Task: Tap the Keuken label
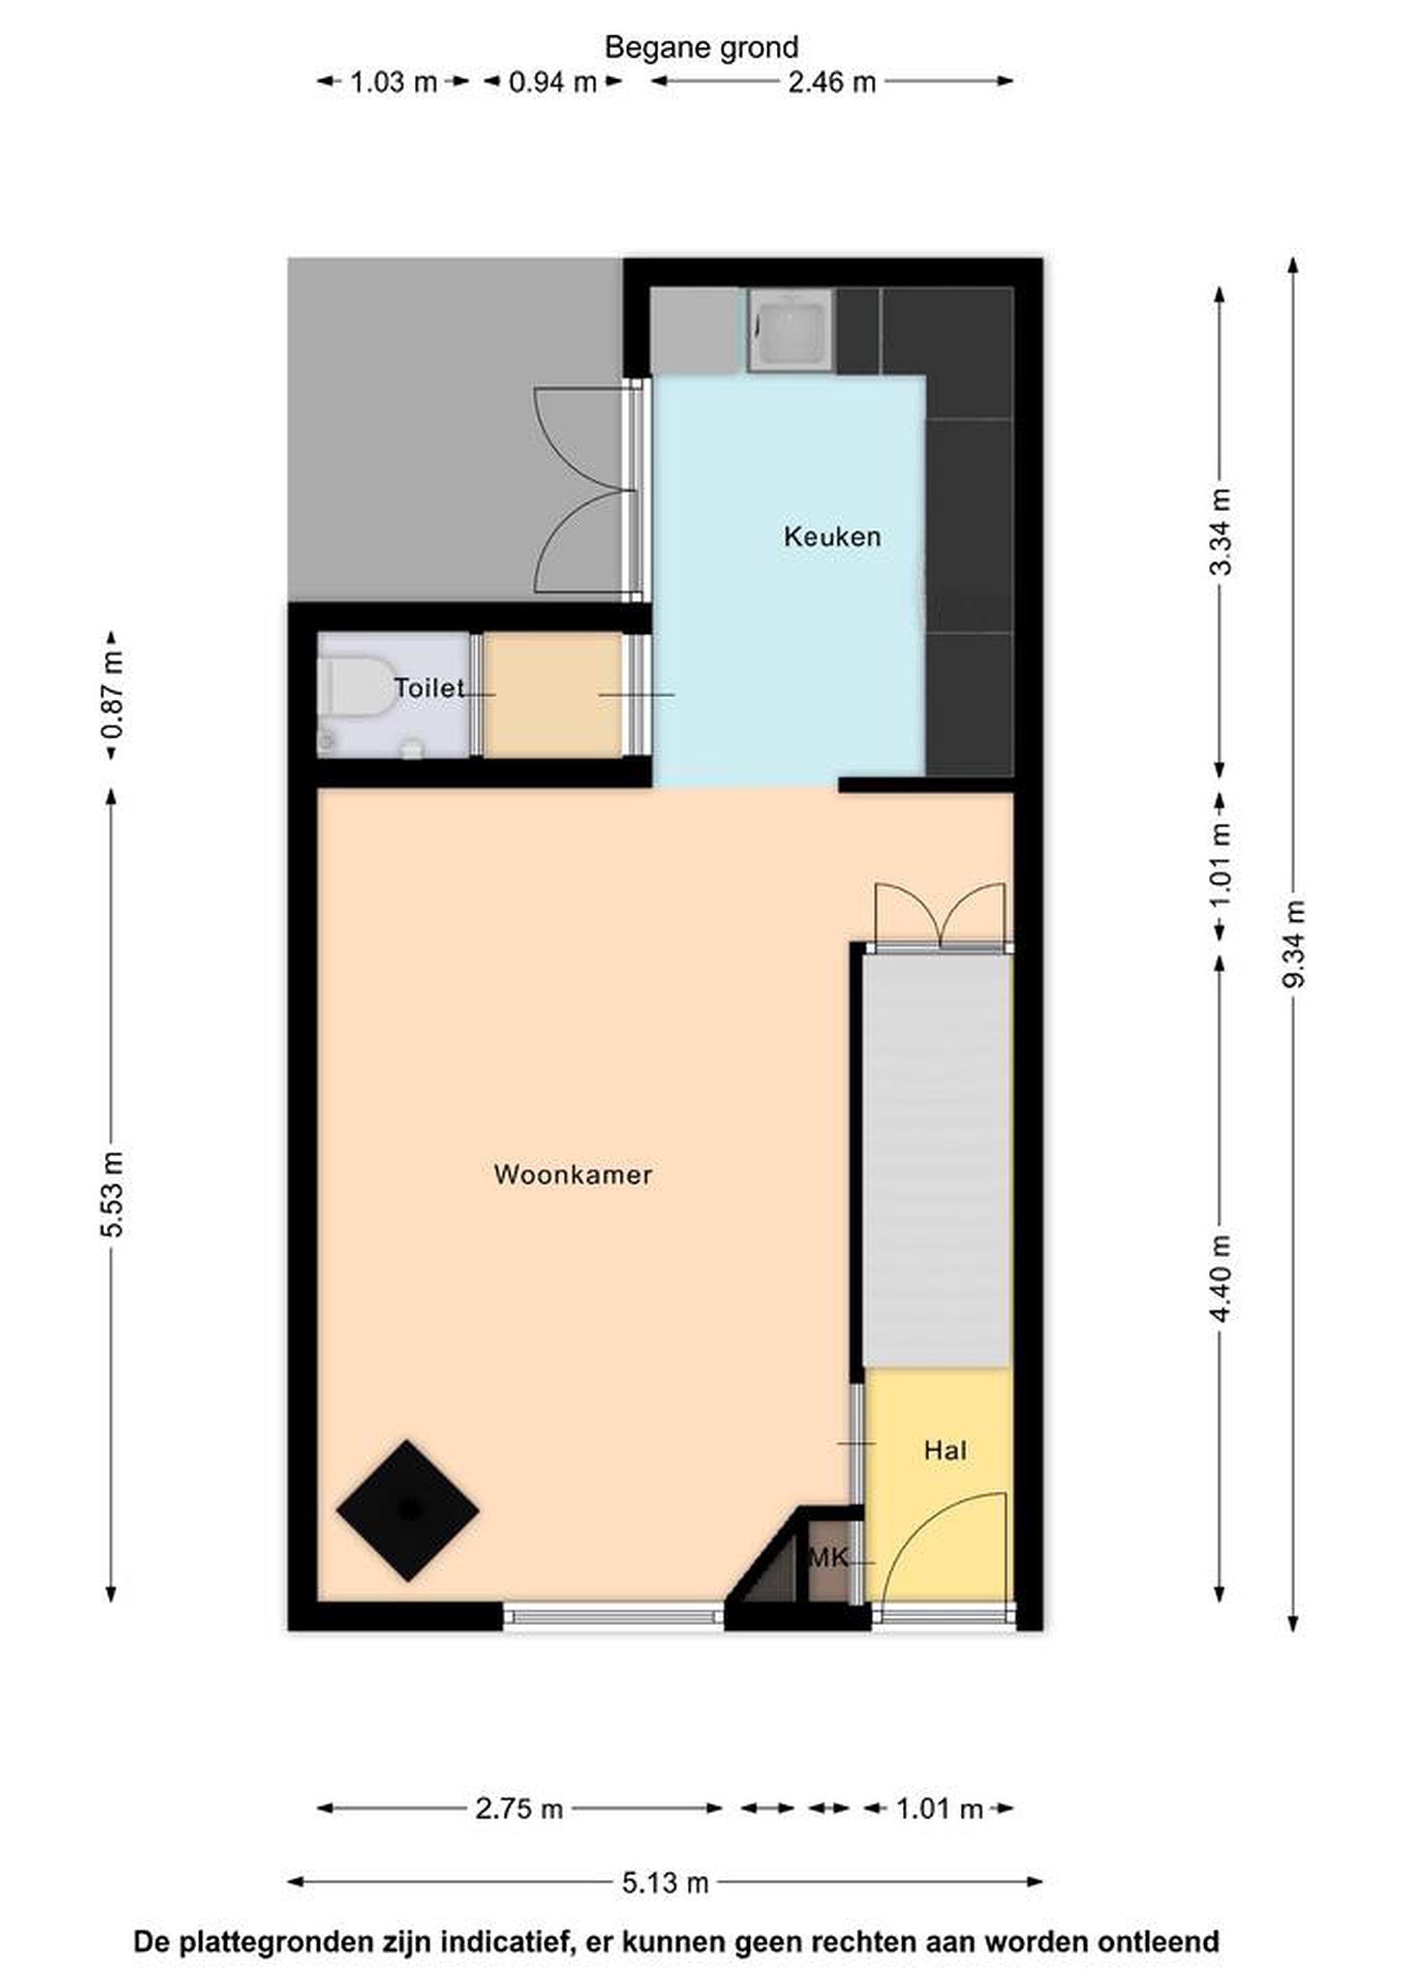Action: pyautogui.click(x=832, y=537)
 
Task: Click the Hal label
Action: pyautogui.click(x=945, y=1450)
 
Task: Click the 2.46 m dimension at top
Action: pyautogui.click(x=832, y=82)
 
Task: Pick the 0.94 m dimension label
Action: pyautogui.click(x=553, y=82)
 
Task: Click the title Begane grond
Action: pyautogui.click(x=701, y=47)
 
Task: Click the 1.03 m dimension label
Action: pyautogui.click(x=394, y=82)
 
